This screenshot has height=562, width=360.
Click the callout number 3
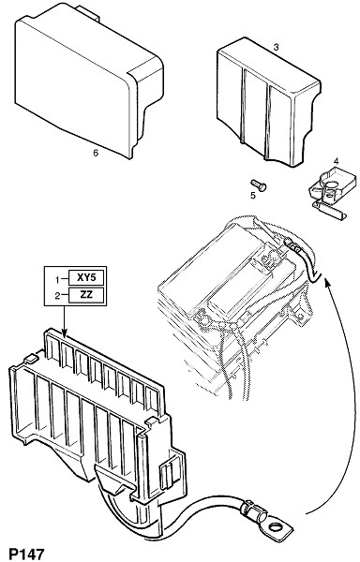276,47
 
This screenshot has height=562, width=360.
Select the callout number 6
96,153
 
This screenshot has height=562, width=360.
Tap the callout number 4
336,161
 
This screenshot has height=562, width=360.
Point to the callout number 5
253,196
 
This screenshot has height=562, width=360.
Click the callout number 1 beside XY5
57,279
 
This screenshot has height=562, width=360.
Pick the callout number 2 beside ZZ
57,296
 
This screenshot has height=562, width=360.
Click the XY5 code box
86,277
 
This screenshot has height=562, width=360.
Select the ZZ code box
86,295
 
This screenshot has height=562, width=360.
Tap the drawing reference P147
26,555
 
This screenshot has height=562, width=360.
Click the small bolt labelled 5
259,185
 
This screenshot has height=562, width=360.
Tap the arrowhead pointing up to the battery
326,283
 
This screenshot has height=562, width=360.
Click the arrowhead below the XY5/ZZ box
64,334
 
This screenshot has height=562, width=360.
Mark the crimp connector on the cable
253,511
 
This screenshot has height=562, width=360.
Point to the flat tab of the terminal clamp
330,212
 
